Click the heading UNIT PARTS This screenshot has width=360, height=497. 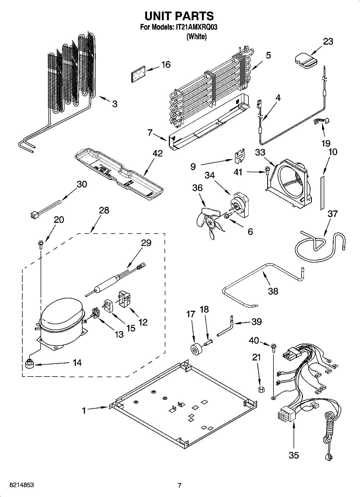tap(179, 16)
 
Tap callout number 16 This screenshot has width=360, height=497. tap(166, 65)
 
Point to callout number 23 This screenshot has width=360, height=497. tap(328, 41)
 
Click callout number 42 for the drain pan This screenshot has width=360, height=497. tap(158, 153)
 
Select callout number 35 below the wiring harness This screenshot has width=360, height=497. tap(294, 455)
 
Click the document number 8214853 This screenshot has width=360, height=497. tap(22, 485)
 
